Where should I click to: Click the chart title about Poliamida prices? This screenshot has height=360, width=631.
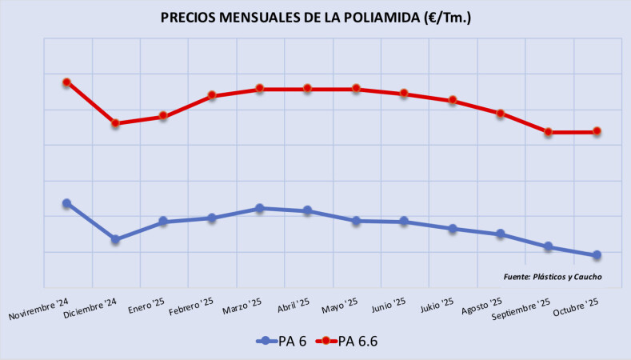tap(315, 18)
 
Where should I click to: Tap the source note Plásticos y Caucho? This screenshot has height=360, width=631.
tap(553, 277)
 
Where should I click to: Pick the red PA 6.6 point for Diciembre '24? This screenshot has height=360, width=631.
tap(115, 123)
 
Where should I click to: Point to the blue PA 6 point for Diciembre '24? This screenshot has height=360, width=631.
tap(115, 239)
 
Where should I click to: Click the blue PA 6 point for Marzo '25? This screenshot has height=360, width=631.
tap(260, 208)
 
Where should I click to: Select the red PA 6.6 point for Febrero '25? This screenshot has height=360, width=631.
tap(212, 95)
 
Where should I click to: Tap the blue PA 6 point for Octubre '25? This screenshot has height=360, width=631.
tap(597, 255)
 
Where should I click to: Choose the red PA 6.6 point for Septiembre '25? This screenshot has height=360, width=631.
tap(549, 132)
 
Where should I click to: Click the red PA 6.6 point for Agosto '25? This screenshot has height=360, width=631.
tap(501, 114)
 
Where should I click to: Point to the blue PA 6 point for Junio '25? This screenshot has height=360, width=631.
tap(404, 221)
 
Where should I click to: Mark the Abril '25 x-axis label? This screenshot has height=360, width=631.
tap(293, 306)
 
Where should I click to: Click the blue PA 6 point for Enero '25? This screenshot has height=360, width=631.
tap(163, 221)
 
